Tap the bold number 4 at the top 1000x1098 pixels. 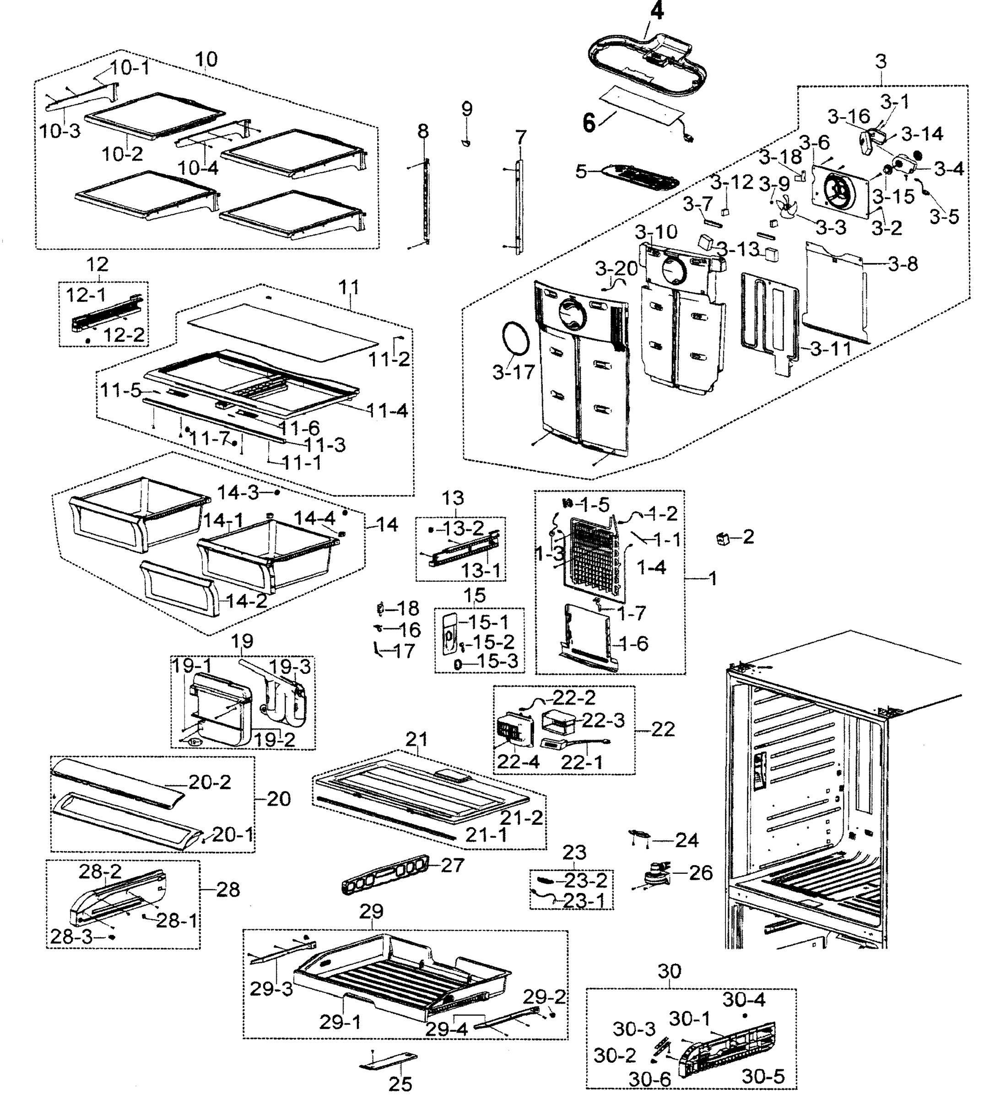(x=657, y=11)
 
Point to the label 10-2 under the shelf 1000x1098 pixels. (x=122, y=154)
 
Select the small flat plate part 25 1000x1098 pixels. (x=388, y=1061)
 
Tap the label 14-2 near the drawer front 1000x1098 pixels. (x=246, y=601)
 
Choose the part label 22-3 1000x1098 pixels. (x=603, y=720)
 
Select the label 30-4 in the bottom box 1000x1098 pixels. (x=744, y=1000)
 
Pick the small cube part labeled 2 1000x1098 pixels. (x=723, y=538)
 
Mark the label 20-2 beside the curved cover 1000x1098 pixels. (x=209, y=782)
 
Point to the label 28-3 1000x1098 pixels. (x=71, y=937)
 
